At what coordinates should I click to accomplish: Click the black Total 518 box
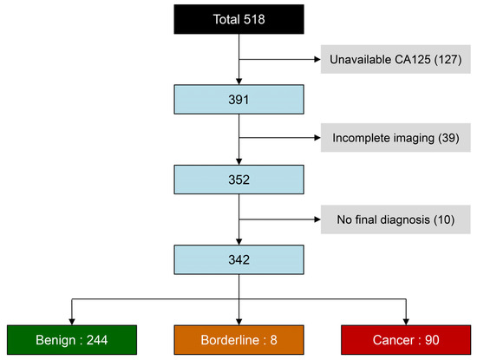(x=238, y=18)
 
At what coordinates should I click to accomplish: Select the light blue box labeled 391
(x=238, y=100)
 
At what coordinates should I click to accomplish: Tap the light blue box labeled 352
(x=238, y=180)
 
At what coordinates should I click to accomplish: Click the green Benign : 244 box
(x=71, y=338)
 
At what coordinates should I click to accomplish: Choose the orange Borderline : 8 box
(x=238, y=338)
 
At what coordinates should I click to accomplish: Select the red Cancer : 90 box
(x=406, y=338)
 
